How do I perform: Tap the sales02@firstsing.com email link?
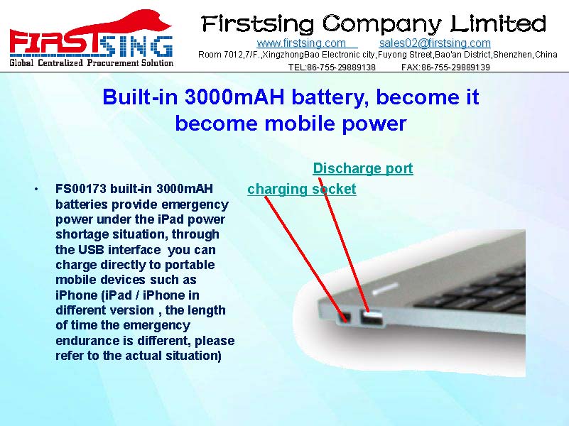pos(435,43)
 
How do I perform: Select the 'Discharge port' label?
pos(363,168)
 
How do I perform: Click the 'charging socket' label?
pos(302,190)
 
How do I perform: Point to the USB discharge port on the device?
pos(372,319)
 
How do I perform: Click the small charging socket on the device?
pos(344,317)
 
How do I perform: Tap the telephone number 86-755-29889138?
pos(341,67)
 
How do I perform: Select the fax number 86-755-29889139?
pos(455,67)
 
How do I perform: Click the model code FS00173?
pos(81,189)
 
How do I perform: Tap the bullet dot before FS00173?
pos(36,190)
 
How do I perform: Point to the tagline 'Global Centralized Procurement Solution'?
pos(92,62)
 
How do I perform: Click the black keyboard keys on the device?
pos(472,292)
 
